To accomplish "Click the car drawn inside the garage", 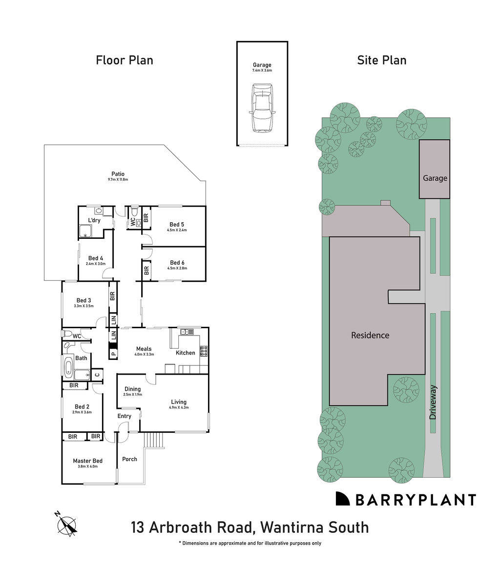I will [262, 108].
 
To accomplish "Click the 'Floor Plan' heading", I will [124, 60].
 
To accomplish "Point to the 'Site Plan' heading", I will [381, 60].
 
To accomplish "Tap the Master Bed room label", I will [87, 461].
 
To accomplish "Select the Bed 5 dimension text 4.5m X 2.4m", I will [177, 230].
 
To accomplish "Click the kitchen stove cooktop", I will [204, 350].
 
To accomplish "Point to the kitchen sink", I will [186, 332].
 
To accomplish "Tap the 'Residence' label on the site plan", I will [370, 335].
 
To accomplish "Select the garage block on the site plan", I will [435, 169].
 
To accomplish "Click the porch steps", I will [154, 440].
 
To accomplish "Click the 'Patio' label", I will [118, 174].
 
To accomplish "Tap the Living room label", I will [178, 401].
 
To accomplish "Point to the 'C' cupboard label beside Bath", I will [97, 375].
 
